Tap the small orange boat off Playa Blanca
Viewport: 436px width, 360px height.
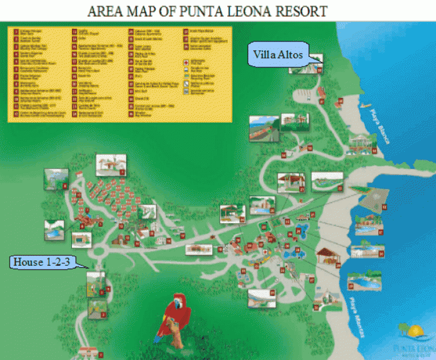366,109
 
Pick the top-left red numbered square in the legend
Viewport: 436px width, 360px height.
16,31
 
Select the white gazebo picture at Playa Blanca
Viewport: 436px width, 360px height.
360,142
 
